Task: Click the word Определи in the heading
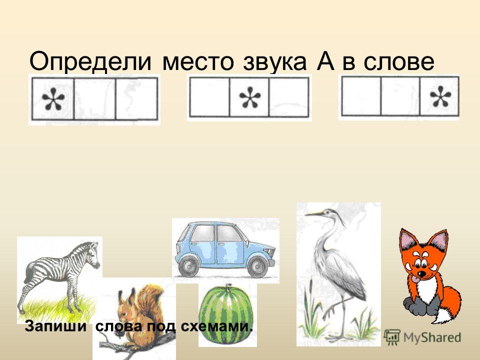click(x=90, y=62)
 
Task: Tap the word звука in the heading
click(x=274, y=62)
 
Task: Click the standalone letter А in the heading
click(x=325, y=61)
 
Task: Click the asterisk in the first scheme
click(x=53, y=98)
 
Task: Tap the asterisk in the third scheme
click(x=440, y=96)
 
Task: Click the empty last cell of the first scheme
click(x=136, y=98)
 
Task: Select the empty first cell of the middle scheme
click(x=209, y=97)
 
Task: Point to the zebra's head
click(x=94, y=254)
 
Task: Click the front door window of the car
click(x=228, y=234)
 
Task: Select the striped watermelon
click(x=226, y=315)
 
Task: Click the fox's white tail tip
click(x=443, y=315)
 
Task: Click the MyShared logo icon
click(x=392, y=337)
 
